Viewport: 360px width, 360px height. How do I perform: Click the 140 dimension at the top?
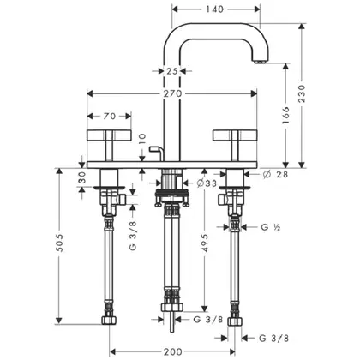click(x=214, y=9)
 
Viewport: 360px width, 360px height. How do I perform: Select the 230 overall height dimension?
click(x=302, y=93)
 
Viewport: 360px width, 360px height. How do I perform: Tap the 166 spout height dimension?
click(x=285, y=115)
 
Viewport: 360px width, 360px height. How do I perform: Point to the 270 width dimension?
click(x=172, y=93)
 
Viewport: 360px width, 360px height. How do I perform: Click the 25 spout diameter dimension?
click(x=172, y=71)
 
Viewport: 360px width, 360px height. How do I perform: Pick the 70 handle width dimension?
click(x=109, y=116)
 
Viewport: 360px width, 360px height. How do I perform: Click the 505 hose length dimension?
click(x=59, y=243)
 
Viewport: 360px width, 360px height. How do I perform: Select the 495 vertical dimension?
click(x=204, y=243)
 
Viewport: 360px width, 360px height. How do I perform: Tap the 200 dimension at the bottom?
click(x=172, y=351)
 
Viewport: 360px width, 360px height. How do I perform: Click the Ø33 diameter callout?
click(x=207, y=183)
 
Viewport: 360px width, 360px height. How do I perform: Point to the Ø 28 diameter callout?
click(x=275, y=174)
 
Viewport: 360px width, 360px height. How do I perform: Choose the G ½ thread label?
click(x=271, y=227)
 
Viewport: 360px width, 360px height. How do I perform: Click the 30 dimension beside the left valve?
click(x=82, y=177)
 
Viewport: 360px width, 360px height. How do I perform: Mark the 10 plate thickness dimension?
click(x=142, y=139)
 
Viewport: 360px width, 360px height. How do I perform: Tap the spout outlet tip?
click(x=260, y=61)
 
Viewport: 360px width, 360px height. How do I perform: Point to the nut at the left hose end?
click(x=109, y=320)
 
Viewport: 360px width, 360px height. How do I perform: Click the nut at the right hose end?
click(x=235, y=321)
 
